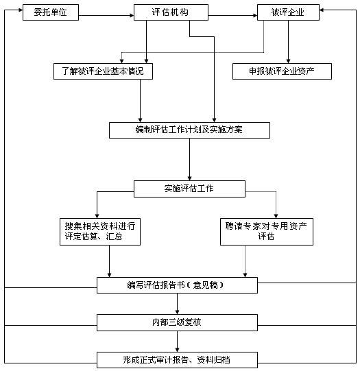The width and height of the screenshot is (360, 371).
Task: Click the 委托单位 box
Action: [x=51, y=12]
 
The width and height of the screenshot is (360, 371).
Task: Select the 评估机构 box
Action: [x=171, y=12]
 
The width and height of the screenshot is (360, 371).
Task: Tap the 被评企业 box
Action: [x=288, y=12]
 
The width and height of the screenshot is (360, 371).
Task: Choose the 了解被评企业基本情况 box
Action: [x=103, y=71]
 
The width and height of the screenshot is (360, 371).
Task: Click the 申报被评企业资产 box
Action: [x=282, y=71]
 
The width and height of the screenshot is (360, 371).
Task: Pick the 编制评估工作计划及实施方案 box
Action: [x=189, y=130]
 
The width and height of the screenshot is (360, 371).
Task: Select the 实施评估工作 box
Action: [x=189, y=189]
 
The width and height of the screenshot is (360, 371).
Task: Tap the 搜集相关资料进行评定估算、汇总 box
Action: [x=100, y=232]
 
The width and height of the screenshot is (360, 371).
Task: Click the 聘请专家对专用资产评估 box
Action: [x=267, y=232]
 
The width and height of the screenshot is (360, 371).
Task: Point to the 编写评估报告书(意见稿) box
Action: [x=177, y=285]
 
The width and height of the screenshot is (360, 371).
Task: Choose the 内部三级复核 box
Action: [x=177, y=322]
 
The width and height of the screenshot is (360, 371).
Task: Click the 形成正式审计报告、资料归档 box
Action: [x=177, y=360]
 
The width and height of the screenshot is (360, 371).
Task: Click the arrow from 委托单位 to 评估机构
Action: [x=106, y=16]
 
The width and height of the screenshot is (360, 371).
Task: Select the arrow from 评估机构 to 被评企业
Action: [x=232, y=16]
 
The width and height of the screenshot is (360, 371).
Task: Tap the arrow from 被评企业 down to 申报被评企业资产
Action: [x=288, y=42]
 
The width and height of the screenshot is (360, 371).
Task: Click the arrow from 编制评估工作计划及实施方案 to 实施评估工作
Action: [x=189, y=160]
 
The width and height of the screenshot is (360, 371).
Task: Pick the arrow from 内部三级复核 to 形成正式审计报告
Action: [x=177, y=342]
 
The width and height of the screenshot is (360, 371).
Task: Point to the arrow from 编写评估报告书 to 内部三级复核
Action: [x=177, y=304]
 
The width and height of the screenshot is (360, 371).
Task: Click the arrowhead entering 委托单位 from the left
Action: [x=21, y=10]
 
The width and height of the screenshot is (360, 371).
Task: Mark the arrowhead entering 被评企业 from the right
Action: [x=322, y=10]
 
